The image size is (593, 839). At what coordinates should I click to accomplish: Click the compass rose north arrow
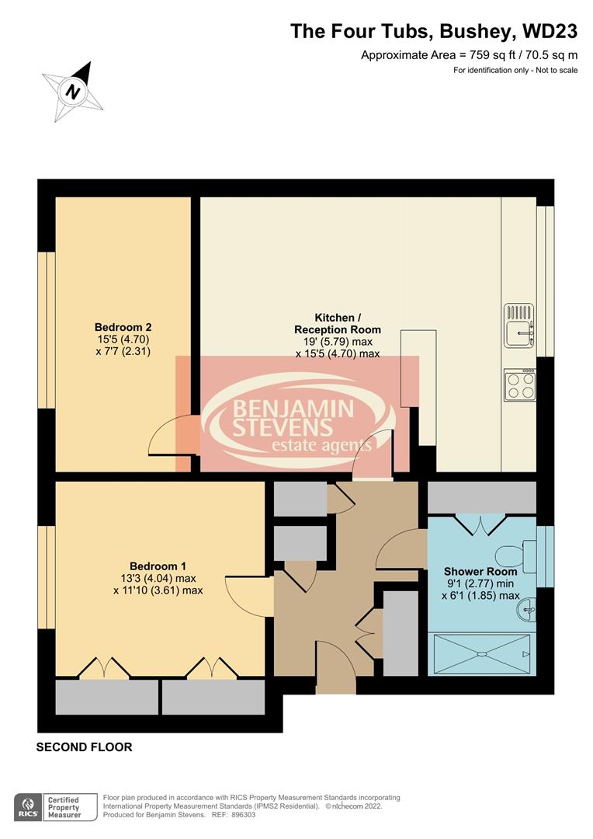tap(73, 90)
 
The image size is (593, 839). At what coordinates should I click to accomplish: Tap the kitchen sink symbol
tap(519, 324)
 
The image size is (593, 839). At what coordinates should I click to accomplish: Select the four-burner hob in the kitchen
tap(519, 384)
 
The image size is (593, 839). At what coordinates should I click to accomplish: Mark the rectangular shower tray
tap(480, 653)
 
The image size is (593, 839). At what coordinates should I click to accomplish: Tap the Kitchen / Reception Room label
tap(338, 324)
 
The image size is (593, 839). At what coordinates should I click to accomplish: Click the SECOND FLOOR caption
tap(85, 747)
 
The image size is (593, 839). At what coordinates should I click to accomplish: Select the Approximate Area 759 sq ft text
tap(470, 55)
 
